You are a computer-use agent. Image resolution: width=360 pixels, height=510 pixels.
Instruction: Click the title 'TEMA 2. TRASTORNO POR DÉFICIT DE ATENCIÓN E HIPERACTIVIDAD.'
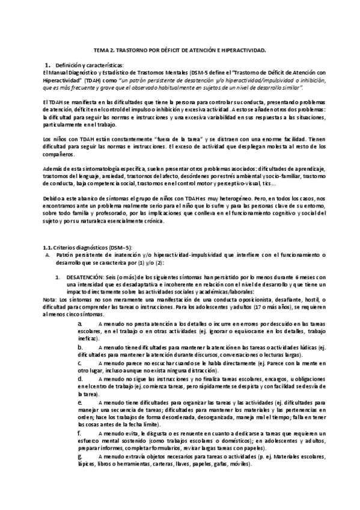tap(180, 52)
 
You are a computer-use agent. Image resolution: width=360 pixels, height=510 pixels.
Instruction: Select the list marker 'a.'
tap(80, 324)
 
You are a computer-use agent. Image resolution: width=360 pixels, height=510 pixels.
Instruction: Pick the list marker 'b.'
tap(80, 348)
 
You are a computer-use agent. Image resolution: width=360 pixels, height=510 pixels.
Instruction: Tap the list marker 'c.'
tap(79, 363)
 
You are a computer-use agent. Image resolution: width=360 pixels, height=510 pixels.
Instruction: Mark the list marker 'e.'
tap(80, 401)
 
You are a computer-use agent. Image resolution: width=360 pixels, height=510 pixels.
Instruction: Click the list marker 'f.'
tap(79, 433)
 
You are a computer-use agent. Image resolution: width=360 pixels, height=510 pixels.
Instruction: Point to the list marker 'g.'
tap(80, 456)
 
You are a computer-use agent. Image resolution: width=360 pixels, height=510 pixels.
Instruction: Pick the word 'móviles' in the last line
tap(240, 465)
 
